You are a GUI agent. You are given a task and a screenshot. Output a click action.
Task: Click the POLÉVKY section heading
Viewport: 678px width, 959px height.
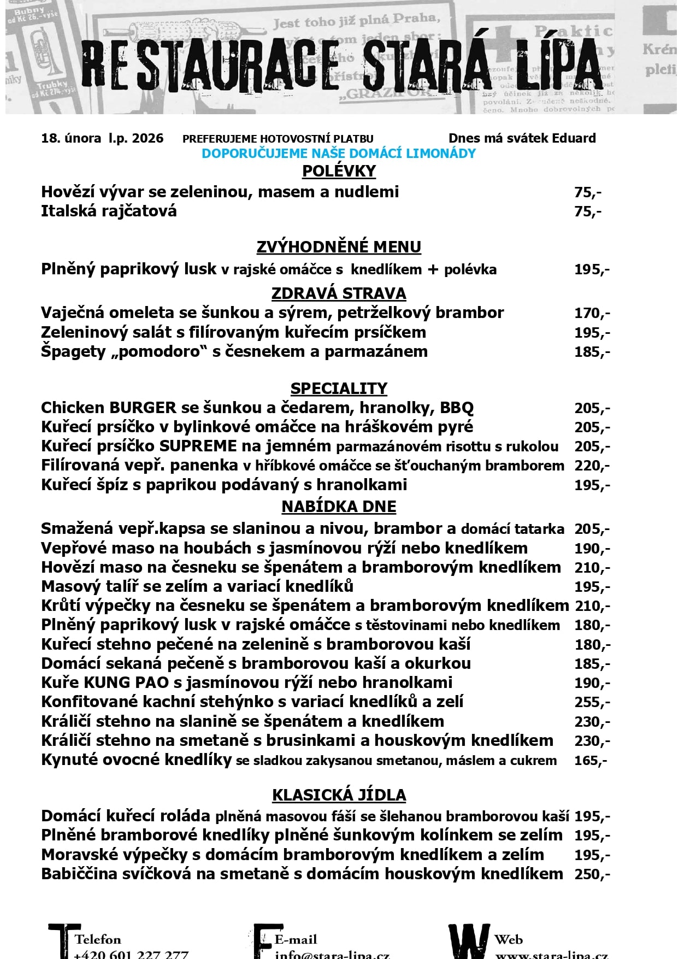click(x=339, y=171)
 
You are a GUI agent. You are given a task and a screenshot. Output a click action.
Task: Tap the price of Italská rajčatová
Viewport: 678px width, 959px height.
click(x=588, y=211)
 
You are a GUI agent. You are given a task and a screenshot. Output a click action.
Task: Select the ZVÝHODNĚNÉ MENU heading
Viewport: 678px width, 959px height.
click(x=339, y=247)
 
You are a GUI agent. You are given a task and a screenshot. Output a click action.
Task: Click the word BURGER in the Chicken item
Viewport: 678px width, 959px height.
click(x=143, y=408)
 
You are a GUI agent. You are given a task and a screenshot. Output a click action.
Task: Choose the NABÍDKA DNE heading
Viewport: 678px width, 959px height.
click(x=339, y=507)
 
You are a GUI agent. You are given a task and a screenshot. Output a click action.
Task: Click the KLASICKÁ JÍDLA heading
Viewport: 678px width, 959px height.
click(x=339, y=795)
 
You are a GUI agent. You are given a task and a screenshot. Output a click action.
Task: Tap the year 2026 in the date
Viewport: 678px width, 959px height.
click(x=148, y=138)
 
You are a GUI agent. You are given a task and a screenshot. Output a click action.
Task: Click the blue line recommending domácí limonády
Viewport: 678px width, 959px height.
click(x=339, y=154)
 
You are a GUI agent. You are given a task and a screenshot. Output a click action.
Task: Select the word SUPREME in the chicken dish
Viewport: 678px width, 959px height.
click(x=198, y=446)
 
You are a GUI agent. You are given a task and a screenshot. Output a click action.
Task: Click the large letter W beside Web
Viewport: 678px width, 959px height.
click(x=469, y=942)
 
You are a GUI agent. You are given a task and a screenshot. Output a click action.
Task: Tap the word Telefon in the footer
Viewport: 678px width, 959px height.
click(x=98, y=939)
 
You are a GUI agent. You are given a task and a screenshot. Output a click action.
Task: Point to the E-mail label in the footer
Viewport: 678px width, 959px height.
click(x=296, y=939)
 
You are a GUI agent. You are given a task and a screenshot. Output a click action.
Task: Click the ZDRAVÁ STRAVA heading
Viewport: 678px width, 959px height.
click(x=339, y=293)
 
